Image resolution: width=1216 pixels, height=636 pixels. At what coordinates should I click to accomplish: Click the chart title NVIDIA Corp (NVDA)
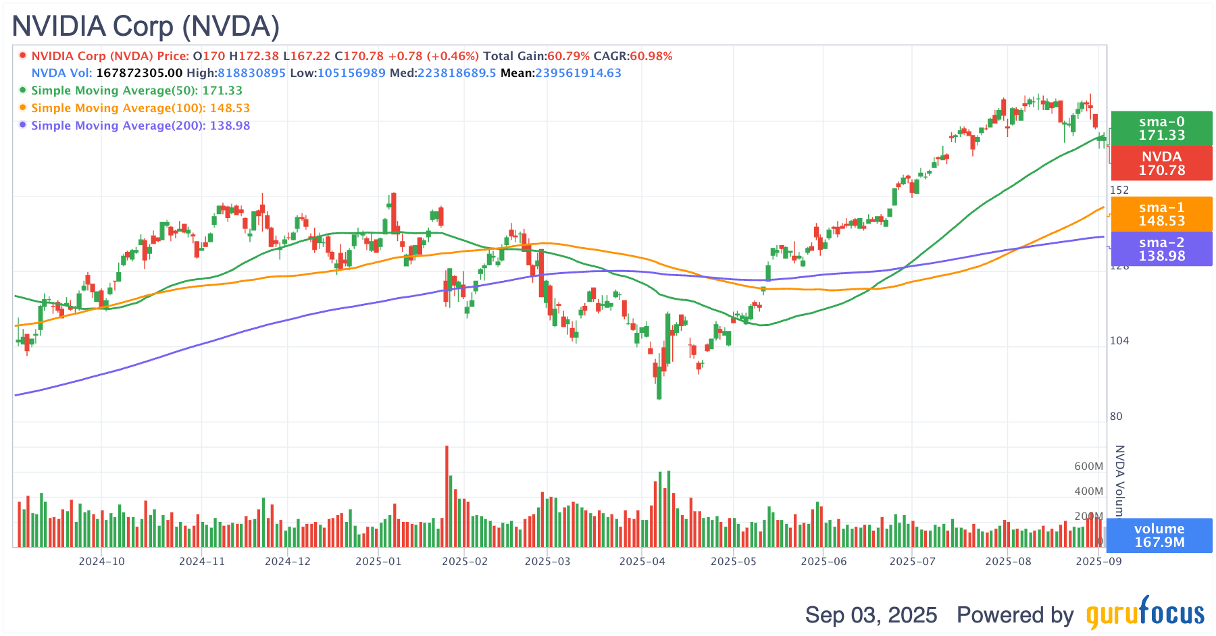(146, 26)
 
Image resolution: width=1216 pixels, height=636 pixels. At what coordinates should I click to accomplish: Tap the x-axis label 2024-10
(101, 561)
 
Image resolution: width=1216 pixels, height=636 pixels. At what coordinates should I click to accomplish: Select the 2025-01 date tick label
(378, 561)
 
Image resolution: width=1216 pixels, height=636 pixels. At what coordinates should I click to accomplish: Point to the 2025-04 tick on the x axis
(642, 561)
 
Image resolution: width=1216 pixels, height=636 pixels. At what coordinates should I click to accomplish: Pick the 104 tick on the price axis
(1119, 341)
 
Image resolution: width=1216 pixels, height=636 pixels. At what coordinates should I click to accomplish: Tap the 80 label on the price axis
(1116, 417)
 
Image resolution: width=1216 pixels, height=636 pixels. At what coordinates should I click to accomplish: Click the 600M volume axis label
(1088, 467)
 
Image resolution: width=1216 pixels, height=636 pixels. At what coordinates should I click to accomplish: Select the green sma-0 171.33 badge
(1161, 128)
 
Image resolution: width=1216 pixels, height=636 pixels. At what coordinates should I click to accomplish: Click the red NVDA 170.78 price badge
(1161, 163)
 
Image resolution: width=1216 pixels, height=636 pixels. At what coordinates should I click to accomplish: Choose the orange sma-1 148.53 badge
(1161, 214)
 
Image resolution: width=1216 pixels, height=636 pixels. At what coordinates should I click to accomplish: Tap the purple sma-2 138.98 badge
(1161, 249)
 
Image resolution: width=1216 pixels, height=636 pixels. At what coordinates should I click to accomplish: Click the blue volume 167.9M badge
(1159, 535)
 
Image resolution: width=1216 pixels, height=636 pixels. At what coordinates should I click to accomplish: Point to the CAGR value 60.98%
(651, 56)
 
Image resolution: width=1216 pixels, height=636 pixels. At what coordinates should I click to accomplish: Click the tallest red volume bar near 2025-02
(447, 496)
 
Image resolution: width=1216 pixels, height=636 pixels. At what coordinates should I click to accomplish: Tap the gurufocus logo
(1145, 614)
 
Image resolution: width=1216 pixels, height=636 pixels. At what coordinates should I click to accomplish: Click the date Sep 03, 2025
(871, 615)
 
